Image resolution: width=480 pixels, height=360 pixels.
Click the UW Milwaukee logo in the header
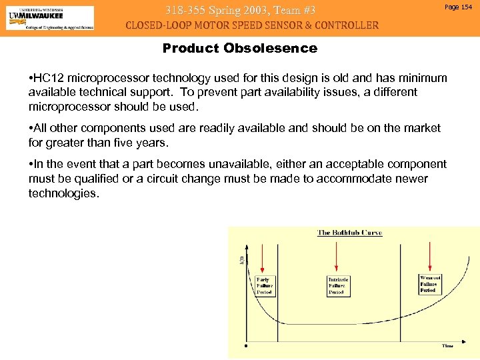[x=50, y=18]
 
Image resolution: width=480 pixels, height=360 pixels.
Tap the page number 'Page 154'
[x=457, y=7]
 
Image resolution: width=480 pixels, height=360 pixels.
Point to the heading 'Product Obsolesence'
[x=239, y=48]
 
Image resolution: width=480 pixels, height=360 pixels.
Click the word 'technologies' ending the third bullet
[x=63, y=193]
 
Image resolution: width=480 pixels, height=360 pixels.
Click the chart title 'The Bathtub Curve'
[x=349, y=233]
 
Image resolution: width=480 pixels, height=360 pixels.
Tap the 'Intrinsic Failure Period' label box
[x=338, y=286]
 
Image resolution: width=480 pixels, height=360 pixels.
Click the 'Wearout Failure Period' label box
[x=429, y=283]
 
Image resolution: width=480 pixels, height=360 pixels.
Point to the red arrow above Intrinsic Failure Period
[x=338, y=257]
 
